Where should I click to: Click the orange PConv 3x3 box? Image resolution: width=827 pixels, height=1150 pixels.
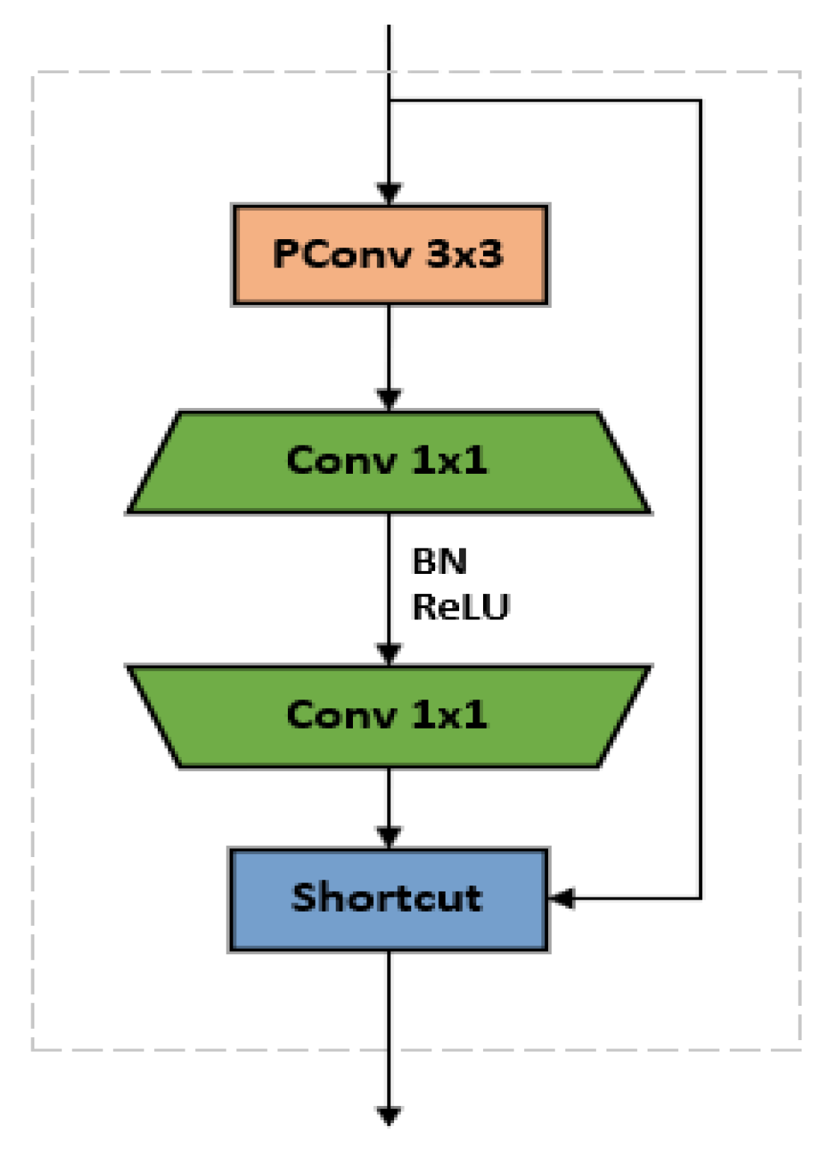pyautogui.click(x=390, y=255)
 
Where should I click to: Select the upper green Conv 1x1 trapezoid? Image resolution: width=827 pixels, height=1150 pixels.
pyautogui.click(x=388, y=462)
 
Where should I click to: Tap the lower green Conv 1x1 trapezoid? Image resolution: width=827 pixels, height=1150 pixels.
pyautogui.click(x=388, y=716)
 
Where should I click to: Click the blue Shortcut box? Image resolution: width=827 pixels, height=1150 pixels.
pyautogui.click(x=388, y=900)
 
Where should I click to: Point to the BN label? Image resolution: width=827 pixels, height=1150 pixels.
pyautogui.click(x=439, y=562)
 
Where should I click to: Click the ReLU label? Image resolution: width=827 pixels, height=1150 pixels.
pyautogui.click(x=461, y=607)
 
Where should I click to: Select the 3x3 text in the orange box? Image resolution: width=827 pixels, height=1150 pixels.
pyautogui.click(x=464, y=255)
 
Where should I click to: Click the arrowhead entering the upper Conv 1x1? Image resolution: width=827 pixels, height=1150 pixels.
pyautogui.click(x=389, y=400)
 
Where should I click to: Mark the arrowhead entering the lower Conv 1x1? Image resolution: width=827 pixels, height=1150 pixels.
pyautogui.click(x=389, y=655)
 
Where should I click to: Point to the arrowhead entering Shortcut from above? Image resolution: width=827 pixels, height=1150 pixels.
pyautogui.click(x=389, y=838)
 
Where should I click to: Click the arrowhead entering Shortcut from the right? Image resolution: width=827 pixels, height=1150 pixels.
pyautogui.click(x=562, y=898)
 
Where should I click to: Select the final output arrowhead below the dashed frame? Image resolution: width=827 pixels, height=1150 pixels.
pyautogui.click(x=389, y=1116)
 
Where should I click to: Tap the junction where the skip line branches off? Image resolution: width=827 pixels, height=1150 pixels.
pyautogui.click(x=389, y=100)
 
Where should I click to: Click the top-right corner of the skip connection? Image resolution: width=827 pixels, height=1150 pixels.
pyautogui.click(x=700, y=100)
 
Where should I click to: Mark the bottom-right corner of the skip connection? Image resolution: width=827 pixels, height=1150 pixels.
pyautogui.click(x=700, y=898)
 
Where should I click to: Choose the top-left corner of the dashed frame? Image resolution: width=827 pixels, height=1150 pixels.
pyautogui.click(x=33, y=73)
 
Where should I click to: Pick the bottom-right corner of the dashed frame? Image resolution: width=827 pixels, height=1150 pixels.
pyautogui.click(x=799, y=1049)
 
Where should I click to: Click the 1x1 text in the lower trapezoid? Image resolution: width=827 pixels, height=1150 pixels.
pyautogui.click(x=449, y=716)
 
